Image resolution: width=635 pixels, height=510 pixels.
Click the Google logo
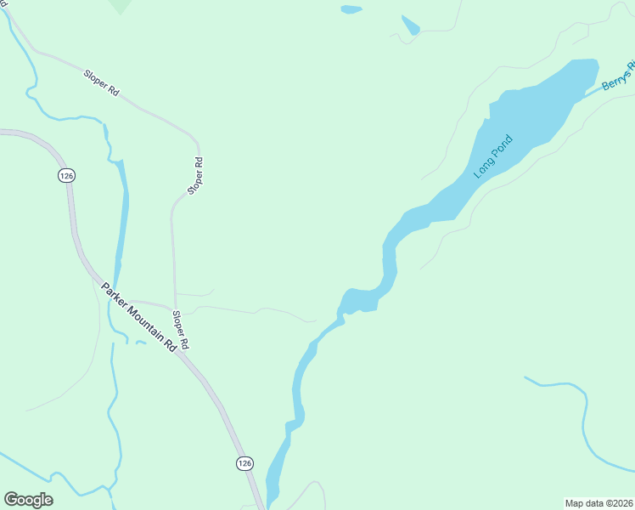point(28,500)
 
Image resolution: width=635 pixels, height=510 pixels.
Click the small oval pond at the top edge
point(351,10)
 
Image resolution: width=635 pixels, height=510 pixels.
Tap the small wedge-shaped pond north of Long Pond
point(410,25)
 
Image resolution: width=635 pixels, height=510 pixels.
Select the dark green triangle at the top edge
point(121,6)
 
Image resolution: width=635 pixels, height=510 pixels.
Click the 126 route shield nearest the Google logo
point(244,462)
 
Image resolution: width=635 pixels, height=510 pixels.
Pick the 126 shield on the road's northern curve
point(67,175)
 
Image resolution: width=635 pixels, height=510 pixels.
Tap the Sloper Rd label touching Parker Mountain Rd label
point(180,331)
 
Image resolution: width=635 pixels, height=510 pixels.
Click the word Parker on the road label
point(112,292)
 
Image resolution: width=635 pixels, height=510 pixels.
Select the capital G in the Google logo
point(11,500)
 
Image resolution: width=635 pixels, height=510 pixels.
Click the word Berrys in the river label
point(613,81)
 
